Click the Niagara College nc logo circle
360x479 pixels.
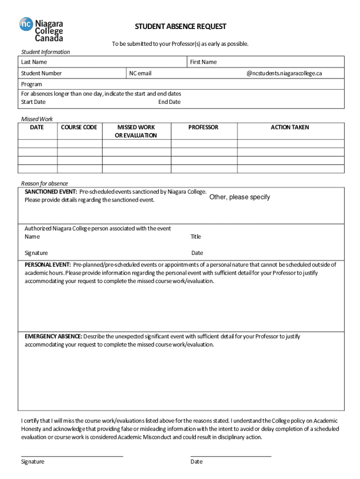pos(26,24)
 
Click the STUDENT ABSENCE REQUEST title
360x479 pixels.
pos(180,26)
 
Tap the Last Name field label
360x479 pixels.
pos(34,62)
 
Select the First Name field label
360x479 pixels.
pos(203,62)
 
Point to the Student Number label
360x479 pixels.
pos(41,73)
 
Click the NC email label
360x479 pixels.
pos(140,73)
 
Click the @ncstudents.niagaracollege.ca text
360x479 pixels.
pos(284,73)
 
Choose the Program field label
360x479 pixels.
pos(31,84)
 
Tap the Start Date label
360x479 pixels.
pos(33,102)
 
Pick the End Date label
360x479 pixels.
pos(169,102)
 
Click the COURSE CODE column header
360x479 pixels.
pos(79,127)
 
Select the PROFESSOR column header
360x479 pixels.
pos(203,127)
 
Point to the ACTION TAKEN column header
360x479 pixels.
pos(290,127)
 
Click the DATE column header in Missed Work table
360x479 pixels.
pos(37,127)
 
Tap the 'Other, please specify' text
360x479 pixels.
pos(239,197)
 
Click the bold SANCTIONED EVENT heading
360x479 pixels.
pos(50,192)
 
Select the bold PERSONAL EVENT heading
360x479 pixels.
pos(48,265)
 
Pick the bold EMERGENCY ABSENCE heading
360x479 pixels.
pos(53,336)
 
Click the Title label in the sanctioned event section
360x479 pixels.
pos(195,236)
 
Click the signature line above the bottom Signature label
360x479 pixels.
pos(72,455)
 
